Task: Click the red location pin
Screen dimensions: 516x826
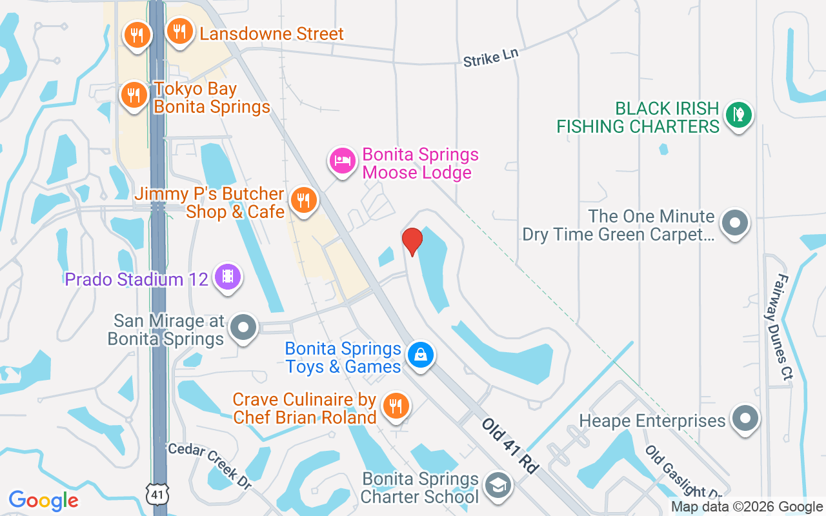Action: (x=412, y=241)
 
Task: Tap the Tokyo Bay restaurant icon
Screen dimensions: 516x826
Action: (x=134, y=95)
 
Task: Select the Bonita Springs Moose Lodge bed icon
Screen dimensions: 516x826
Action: (x=343, y=161)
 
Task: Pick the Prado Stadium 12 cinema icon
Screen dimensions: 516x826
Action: (x=227, y=277)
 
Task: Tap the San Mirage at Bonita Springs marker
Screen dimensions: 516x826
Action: (x=243, y=327)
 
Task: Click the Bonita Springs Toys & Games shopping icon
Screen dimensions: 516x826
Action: (x=421, y=355)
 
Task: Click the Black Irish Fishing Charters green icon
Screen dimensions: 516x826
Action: (x=739, y=114)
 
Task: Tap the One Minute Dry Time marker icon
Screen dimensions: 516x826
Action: (x=734, y=223)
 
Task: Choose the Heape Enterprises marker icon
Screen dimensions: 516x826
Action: (x=745, y=417)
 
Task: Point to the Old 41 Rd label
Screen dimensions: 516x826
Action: (x=510, y=446)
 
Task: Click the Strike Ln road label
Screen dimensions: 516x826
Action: (x=490, y=57)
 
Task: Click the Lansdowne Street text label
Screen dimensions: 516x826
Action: (x=272, y=34)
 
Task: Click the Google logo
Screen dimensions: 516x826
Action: (x=44, y=501)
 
